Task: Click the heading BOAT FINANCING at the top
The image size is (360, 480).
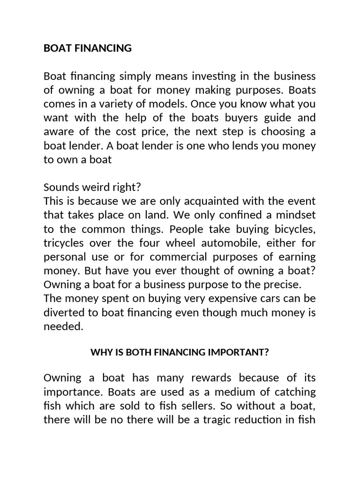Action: (88, 48)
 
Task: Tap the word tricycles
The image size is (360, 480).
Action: (66, 244)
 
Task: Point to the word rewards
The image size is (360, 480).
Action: (210, 378)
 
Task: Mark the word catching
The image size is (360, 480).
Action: (294, 392)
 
